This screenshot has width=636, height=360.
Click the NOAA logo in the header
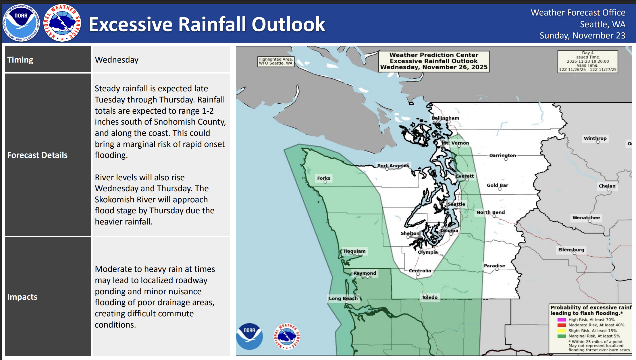coord(21,23)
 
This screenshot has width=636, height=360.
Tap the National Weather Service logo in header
coord(62,23)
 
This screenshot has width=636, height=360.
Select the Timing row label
coord(20,60)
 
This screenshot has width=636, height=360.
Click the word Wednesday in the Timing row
coord(117,60)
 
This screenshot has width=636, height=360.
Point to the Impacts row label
coord(22,297)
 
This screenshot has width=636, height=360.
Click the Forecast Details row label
coord(37,155)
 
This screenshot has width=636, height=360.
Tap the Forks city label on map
coord(324,178)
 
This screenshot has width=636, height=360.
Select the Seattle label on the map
coord(456,204)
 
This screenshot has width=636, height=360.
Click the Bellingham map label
coord(445,118)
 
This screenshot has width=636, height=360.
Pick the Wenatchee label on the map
coord(586,218)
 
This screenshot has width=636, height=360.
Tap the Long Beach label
coord(343,298)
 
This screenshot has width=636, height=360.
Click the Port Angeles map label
coord(393,166)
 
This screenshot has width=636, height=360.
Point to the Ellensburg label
coord(571,249)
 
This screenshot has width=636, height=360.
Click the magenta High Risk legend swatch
coord(561,320)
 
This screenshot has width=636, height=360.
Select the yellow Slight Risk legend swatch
coord(561,331)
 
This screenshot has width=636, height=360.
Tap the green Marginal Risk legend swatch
coord(561,336)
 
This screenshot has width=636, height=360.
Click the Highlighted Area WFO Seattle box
coord(275,61)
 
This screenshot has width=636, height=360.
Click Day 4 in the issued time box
coord(587,53)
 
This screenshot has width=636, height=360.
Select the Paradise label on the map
coord(494,266)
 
